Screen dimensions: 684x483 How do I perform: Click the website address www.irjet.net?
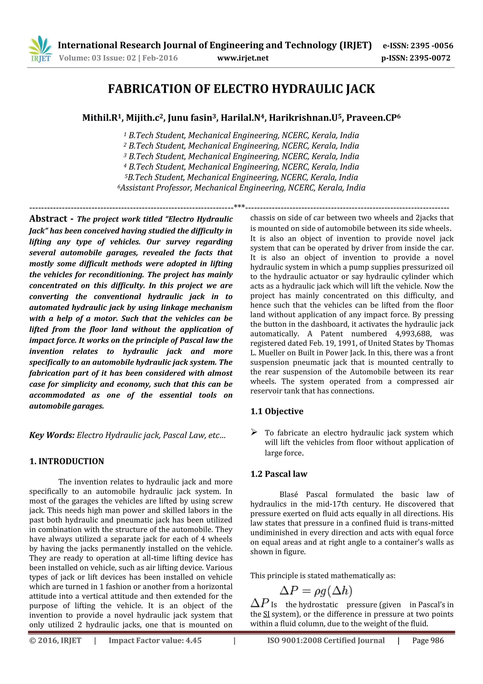[243, 58]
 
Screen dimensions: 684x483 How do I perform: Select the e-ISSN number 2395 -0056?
[432, 46]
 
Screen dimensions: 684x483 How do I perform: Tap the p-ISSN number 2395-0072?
[430, 58]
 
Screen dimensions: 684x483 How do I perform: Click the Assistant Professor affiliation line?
[242, 188]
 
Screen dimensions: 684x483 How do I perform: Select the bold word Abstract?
[48, 219]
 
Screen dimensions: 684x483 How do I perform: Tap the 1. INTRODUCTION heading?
[67, 461]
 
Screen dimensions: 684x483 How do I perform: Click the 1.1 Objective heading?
[277, 411]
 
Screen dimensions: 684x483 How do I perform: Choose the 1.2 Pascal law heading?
[279, 474]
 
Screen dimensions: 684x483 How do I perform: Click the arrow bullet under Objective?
[254, 432]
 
